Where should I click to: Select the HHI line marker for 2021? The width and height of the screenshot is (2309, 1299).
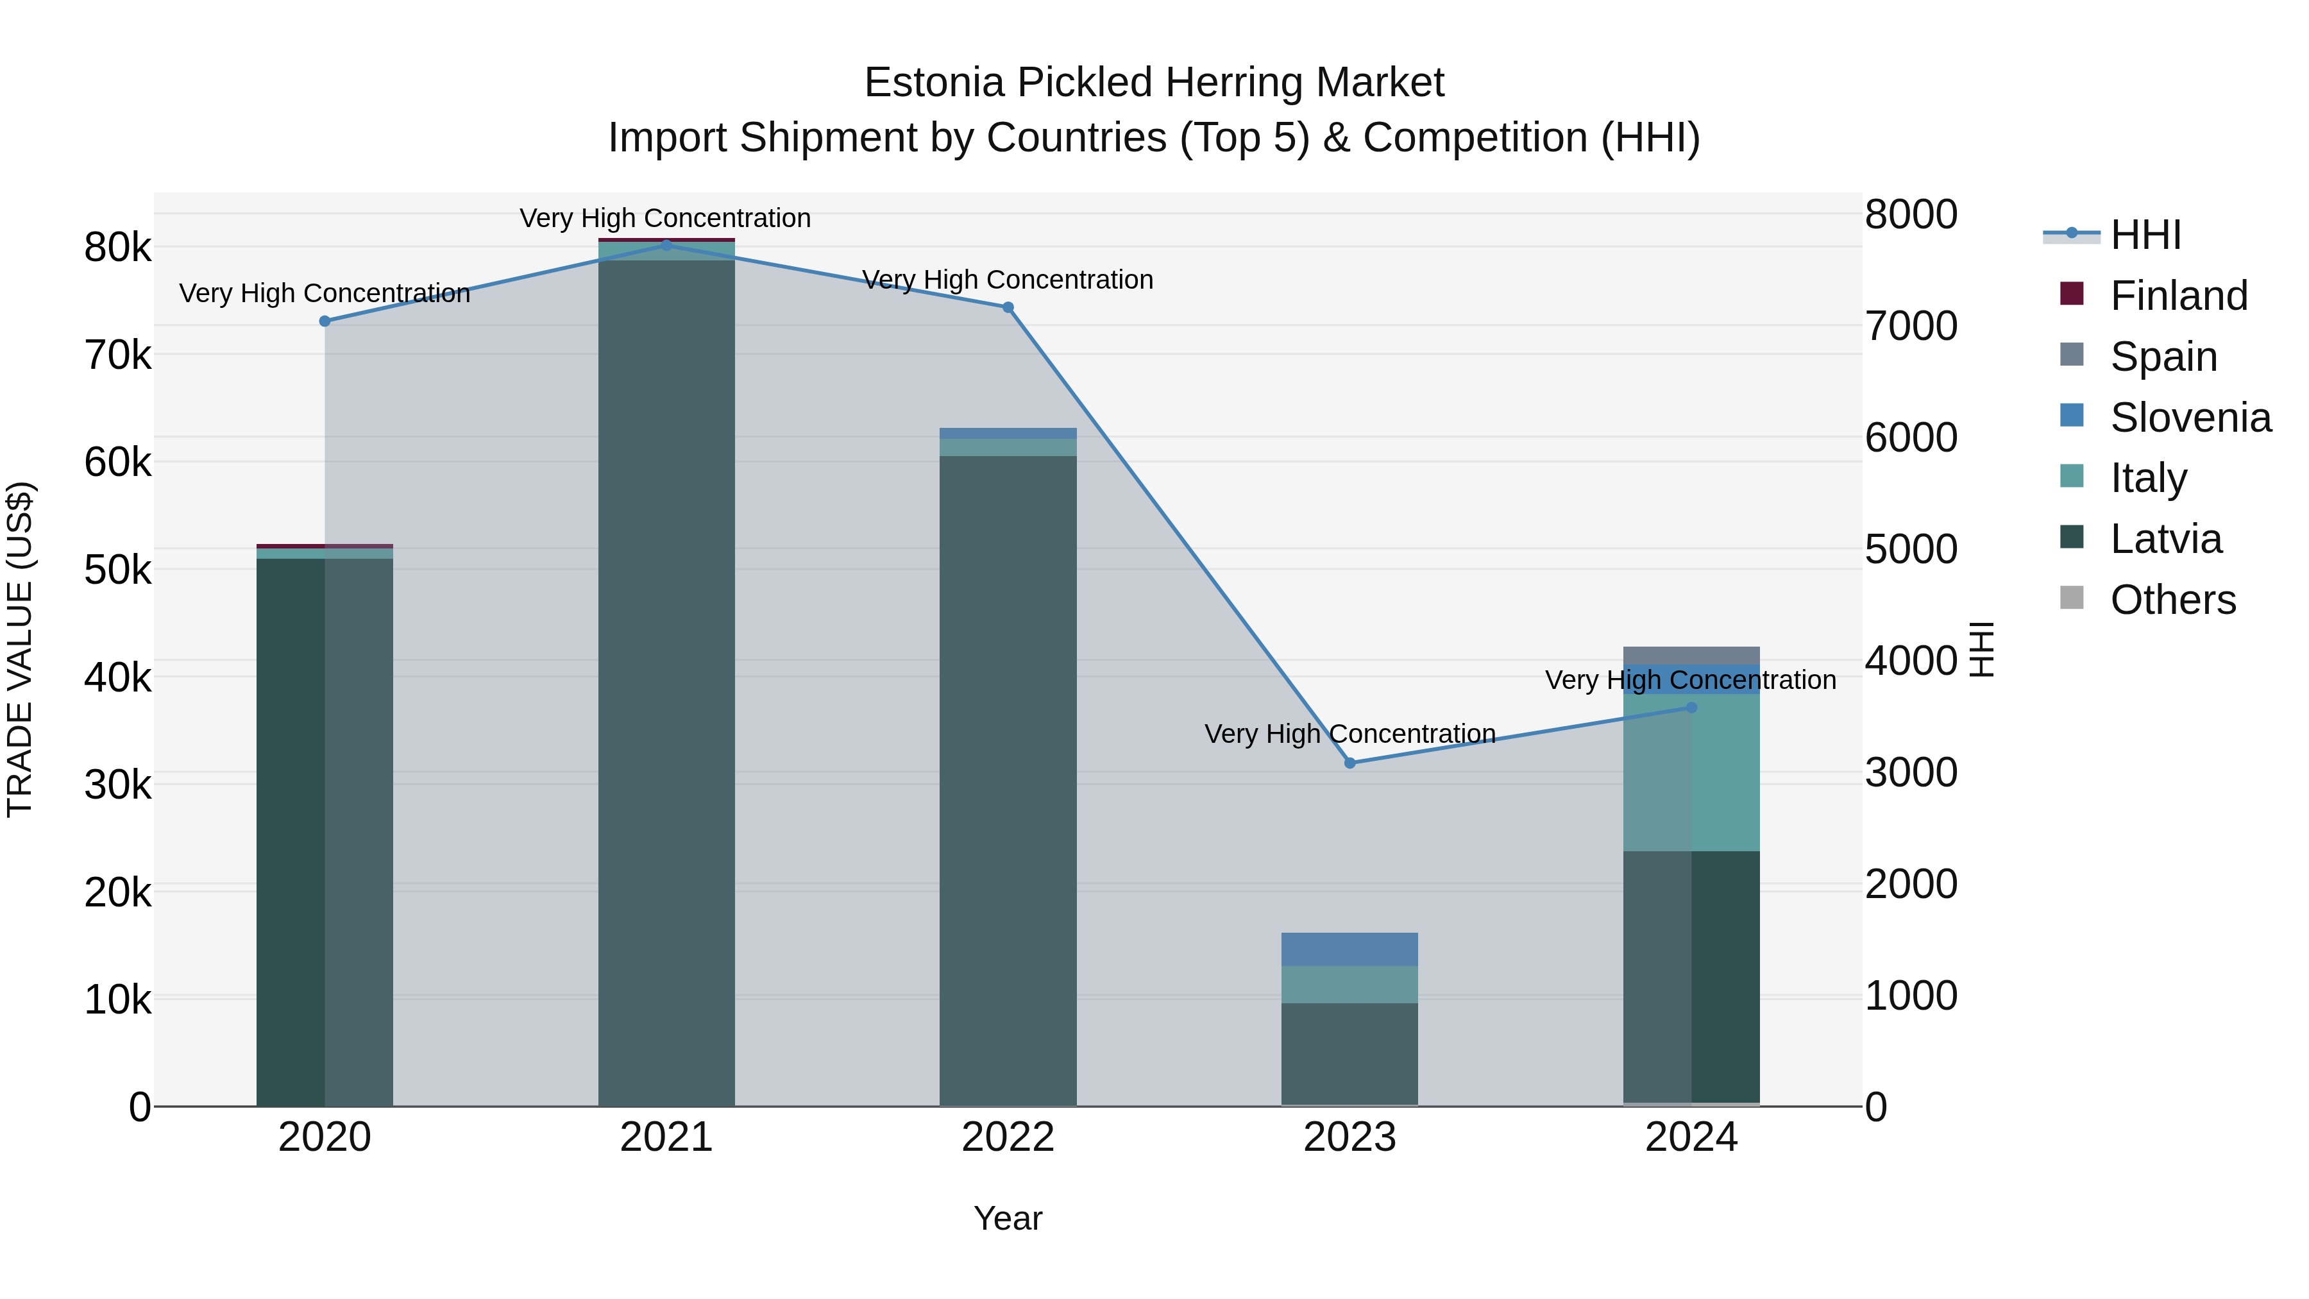(666, 245)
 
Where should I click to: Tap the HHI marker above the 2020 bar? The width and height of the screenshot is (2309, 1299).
(325, 321)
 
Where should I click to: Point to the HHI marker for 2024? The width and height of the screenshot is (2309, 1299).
(1691, 708)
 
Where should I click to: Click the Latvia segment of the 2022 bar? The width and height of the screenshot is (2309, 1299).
(1008, 780)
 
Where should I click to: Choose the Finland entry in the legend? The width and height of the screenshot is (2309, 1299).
(2178, 296)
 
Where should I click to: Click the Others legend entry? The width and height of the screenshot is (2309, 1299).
(2173, 600)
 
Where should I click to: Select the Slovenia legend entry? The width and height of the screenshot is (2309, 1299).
(2190, 418)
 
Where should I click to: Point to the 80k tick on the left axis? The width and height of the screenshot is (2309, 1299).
(117, 248)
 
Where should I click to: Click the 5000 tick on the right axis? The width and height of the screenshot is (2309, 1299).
(1911, 548)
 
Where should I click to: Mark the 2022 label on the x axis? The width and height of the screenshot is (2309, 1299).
(1008, 1137)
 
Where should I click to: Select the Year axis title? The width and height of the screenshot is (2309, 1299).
(1008, 1218)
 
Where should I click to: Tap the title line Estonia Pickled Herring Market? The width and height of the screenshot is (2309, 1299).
(1154, 83)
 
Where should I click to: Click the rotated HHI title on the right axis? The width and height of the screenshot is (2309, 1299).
(1982, 649)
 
